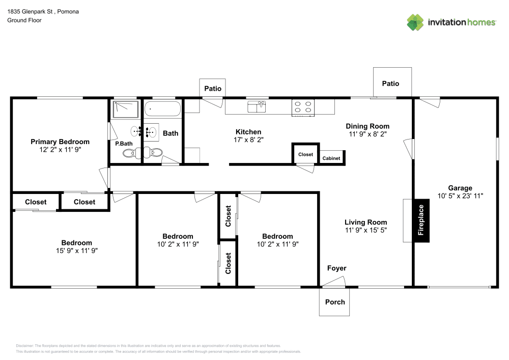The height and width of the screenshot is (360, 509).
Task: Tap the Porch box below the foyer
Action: click(x=335, y=302)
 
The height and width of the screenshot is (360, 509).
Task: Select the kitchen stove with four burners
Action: click(x=302, y=107)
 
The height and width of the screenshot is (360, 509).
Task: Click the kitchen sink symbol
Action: click(x=257, y=107)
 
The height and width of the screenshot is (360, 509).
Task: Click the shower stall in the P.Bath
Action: click(x=125, y=109)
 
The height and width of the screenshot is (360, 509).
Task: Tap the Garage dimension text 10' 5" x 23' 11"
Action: click(x=460, y=196)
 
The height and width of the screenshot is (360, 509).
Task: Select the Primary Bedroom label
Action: click(x=60, y=142)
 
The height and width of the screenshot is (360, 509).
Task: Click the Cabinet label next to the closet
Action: click(x=331, y=158)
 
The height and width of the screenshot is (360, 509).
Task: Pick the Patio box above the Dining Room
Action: click(x=391, y=84)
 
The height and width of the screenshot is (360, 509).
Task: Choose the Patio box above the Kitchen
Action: click(x=213, y=89)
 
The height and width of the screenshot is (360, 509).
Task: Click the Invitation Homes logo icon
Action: click(x=415, y=22)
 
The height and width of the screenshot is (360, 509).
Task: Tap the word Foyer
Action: click(x=336, y=268)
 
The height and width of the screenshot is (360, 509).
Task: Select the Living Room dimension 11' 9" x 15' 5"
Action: click(x=365, y=230)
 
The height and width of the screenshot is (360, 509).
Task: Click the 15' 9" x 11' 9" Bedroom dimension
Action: click(x=76, y=251)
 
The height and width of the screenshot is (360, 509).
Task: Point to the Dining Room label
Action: click(x=367, y=126)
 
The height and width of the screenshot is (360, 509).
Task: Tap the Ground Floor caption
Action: click(x=24, y=20)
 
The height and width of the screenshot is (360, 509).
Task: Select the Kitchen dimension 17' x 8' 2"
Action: click(x=248, y=140)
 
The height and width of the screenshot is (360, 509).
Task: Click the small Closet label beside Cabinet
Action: click(x=305, y=154)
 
